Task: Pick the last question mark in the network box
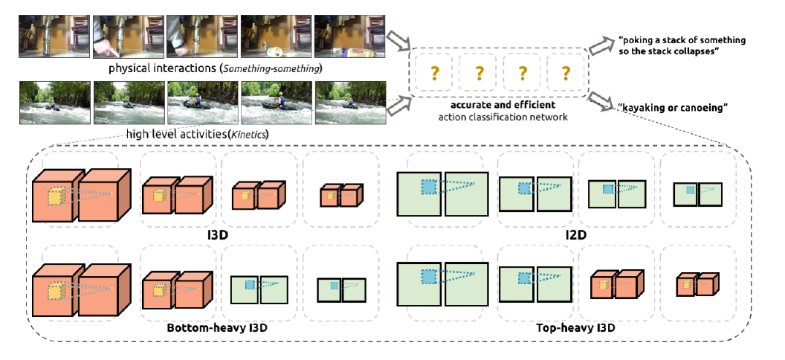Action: coord(566,73)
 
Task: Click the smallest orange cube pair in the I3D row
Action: coord(339,196)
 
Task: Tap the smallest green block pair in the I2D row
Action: coord(697,194)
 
